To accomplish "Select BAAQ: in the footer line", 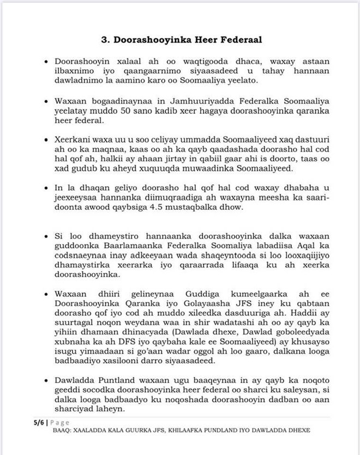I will (x=63, y=430).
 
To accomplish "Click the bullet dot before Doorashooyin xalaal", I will (x=47, y=63).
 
